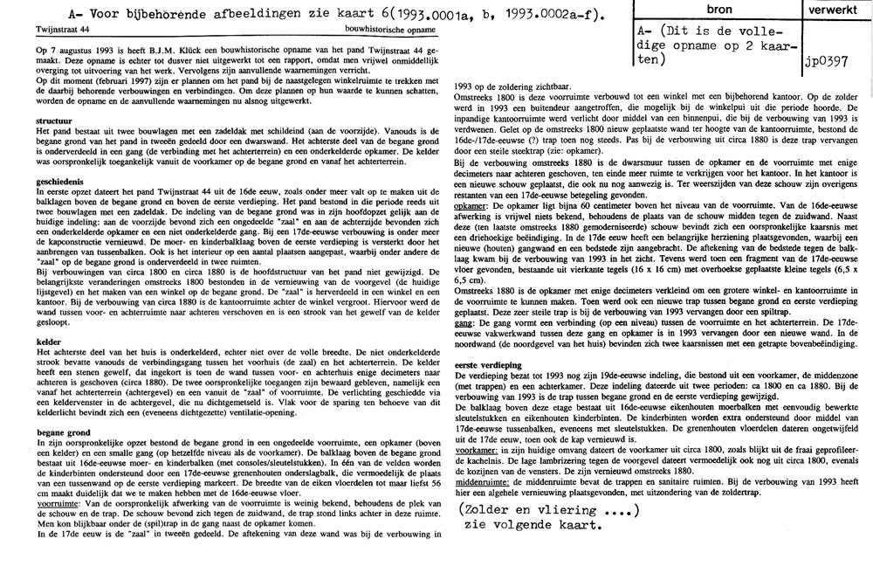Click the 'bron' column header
pyautogui.click(x=718, y=10)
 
